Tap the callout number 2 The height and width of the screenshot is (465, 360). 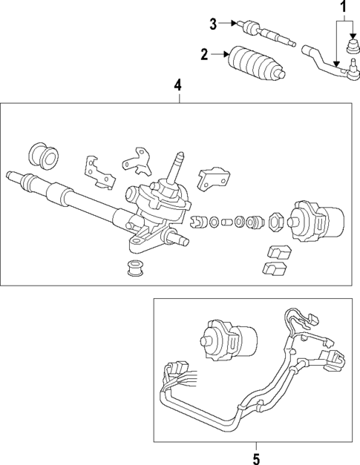click(204, 53)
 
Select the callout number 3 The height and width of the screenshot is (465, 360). click(214, 24)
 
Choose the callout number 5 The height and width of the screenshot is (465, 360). click(256, 458)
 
